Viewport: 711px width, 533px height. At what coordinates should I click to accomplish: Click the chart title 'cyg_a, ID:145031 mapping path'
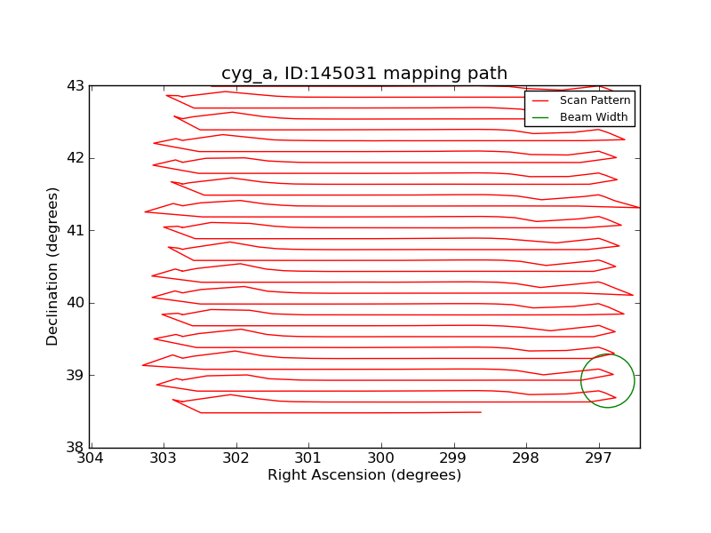tap(364, 74)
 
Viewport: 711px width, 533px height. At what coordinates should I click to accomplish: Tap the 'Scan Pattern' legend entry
tap(595, 100)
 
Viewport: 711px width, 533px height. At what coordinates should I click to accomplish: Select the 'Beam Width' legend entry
tap(593, 117)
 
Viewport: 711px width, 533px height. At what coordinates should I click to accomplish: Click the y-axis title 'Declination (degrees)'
tap(53, 266)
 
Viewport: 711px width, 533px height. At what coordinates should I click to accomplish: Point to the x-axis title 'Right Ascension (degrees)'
tap(364, 475)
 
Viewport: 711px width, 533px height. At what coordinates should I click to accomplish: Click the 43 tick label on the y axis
tap(75, 86)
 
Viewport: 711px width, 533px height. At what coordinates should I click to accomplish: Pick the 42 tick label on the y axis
tap(75, 158)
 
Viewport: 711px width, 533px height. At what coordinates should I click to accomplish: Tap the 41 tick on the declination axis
tap(75, 231)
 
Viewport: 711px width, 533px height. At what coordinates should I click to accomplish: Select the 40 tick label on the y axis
tap(75, 303)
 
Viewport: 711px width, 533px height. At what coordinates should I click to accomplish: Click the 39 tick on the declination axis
tap(75, 375)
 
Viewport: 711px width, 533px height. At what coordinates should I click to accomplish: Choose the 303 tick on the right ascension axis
tap(163, 458)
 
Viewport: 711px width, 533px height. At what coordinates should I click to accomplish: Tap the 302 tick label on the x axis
tap(236, 458)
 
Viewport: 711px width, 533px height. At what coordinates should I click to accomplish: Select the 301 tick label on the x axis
tap(308, 458)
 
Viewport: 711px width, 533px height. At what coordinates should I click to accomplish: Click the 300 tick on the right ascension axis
tap(381, 458)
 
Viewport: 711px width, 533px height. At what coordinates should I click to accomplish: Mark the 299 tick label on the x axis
tap(453, 458)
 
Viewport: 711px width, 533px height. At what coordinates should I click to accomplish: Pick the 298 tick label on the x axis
tap(526, 458)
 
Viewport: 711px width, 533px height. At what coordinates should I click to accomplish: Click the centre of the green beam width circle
tap(608, 381)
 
